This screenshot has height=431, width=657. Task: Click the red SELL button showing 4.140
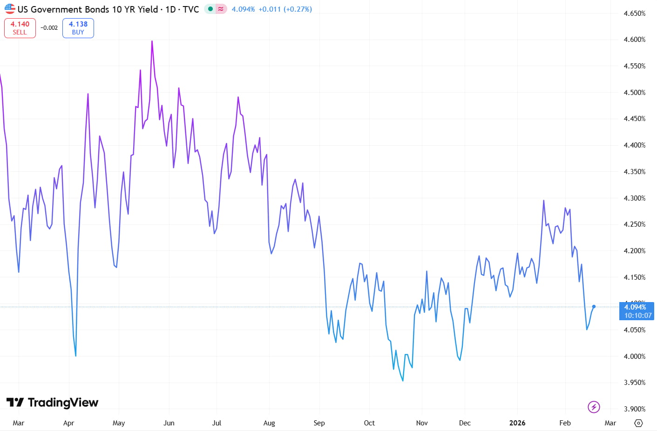(20, 28)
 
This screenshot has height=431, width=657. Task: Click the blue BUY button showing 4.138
(78, 28)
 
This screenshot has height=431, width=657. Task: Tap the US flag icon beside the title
(10, 9)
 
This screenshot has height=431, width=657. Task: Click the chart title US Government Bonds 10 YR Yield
(88, 9)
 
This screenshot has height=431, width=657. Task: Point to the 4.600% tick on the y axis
(634, 40)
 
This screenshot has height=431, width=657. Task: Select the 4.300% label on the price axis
(634, 198)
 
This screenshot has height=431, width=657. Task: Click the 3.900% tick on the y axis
(634, 409)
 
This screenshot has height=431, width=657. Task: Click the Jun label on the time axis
(169, 423)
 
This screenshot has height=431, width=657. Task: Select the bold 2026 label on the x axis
(517, 423)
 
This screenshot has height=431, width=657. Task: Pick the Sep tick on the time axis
(319, 423)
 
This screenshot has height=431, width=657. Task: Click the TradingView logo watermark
(53, 402)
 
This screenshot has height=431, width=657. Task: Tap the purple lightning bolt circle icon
(594, 407)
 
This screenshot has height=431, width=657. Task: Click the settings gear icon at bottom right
(638, 423)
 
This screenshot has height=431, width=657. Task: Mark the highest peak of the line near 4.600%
(152, 41)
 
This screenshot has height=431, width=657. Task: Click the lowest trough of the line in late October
(403, 381)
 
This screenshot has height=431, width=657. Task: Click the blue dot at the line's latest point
(594, 306)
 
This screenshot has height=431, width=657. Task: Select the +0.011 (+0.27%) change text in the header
(285, 9)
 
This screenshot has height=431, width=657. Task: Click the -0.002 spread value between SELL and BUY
(49, 28)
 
